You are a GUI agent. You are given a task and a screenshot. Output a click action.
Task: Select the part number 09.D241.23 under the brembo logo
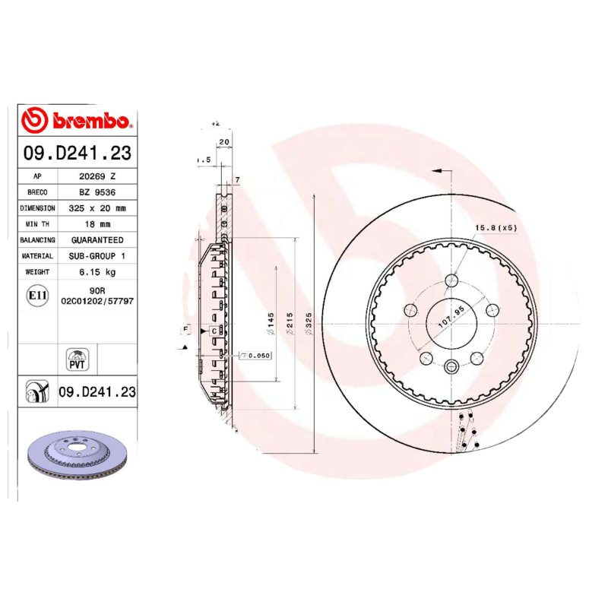[78, 154]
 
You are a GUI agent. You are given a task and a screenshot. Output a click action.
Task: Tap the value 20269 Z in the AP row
[97, 176]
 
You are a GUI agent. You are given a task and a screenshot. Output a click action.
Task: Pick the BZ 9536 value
[97, 192]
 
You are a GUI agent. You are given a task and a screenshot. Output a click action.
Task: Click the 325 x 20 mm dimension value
[97, 207]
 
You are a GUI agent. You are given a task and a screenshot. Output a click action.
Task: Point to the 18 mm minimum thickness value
[97, 223]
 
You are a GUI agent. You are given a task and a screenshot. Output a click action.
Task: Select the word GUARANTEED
[97, 239]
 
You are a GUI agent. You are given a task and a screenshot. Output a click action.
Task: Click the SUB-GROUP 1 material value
[97, 256]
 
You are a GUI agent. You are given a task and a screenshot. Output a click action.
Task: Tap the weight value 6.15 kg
[97, 272]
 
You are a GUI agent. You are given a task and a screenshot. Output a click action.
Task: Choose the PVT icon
[78, 359]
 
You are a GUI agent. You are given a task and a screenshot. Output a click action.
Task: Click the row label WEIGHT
[37, 272]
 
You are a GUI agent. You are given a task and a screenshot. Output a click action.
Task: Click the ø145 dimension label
[270, 325]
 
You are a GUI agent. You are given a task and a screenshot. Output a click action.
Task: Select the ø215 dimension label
[290, 325]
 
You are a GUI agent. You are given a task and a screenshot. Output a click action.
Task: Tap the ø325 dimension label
[309, 325]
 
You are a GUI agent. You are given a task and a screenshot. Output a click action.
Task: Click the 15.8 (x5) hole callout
[496, 228]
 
